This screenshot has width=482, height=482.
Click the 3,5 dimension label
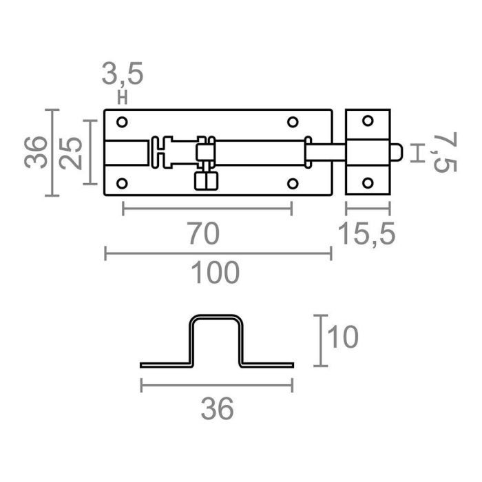123,74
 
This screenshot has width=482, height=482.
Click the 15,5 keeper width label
368,234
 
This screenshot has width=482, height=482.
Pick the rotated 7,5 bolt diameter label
446,153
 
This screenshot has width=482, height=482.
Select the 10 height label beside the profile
343,338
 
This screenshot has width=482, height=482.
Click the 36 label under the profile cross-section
217,410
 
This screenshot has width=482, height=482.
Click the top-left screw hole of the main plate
123,123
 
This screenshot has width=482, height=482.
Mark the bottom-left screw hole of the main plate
123,183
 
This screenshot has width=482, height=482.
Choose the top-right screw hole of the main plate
292,123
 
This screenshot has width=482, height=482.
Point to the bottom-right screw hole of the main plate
292,183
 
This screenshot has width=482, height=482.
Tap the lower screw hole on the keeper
368,183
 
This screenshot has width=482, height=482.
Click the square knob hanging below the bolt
205,180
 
